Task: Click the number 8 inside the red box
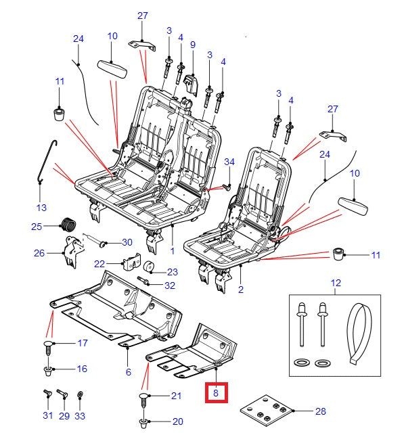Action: click(x=215, y=392)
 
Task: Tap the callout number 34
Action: click(x=229, y=162)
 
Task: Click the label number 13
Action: click(x=41, y=206)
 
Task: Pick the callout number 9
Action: click(x=192, y=45)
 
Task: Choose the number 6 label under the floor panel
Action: click(x=128, y=372)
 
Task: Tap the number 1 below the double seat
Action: click(x=172, y=250)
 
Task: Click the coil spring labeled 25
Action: click(x=68, y=225)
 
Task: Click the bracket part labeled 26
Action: click(x=70, y=251)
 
